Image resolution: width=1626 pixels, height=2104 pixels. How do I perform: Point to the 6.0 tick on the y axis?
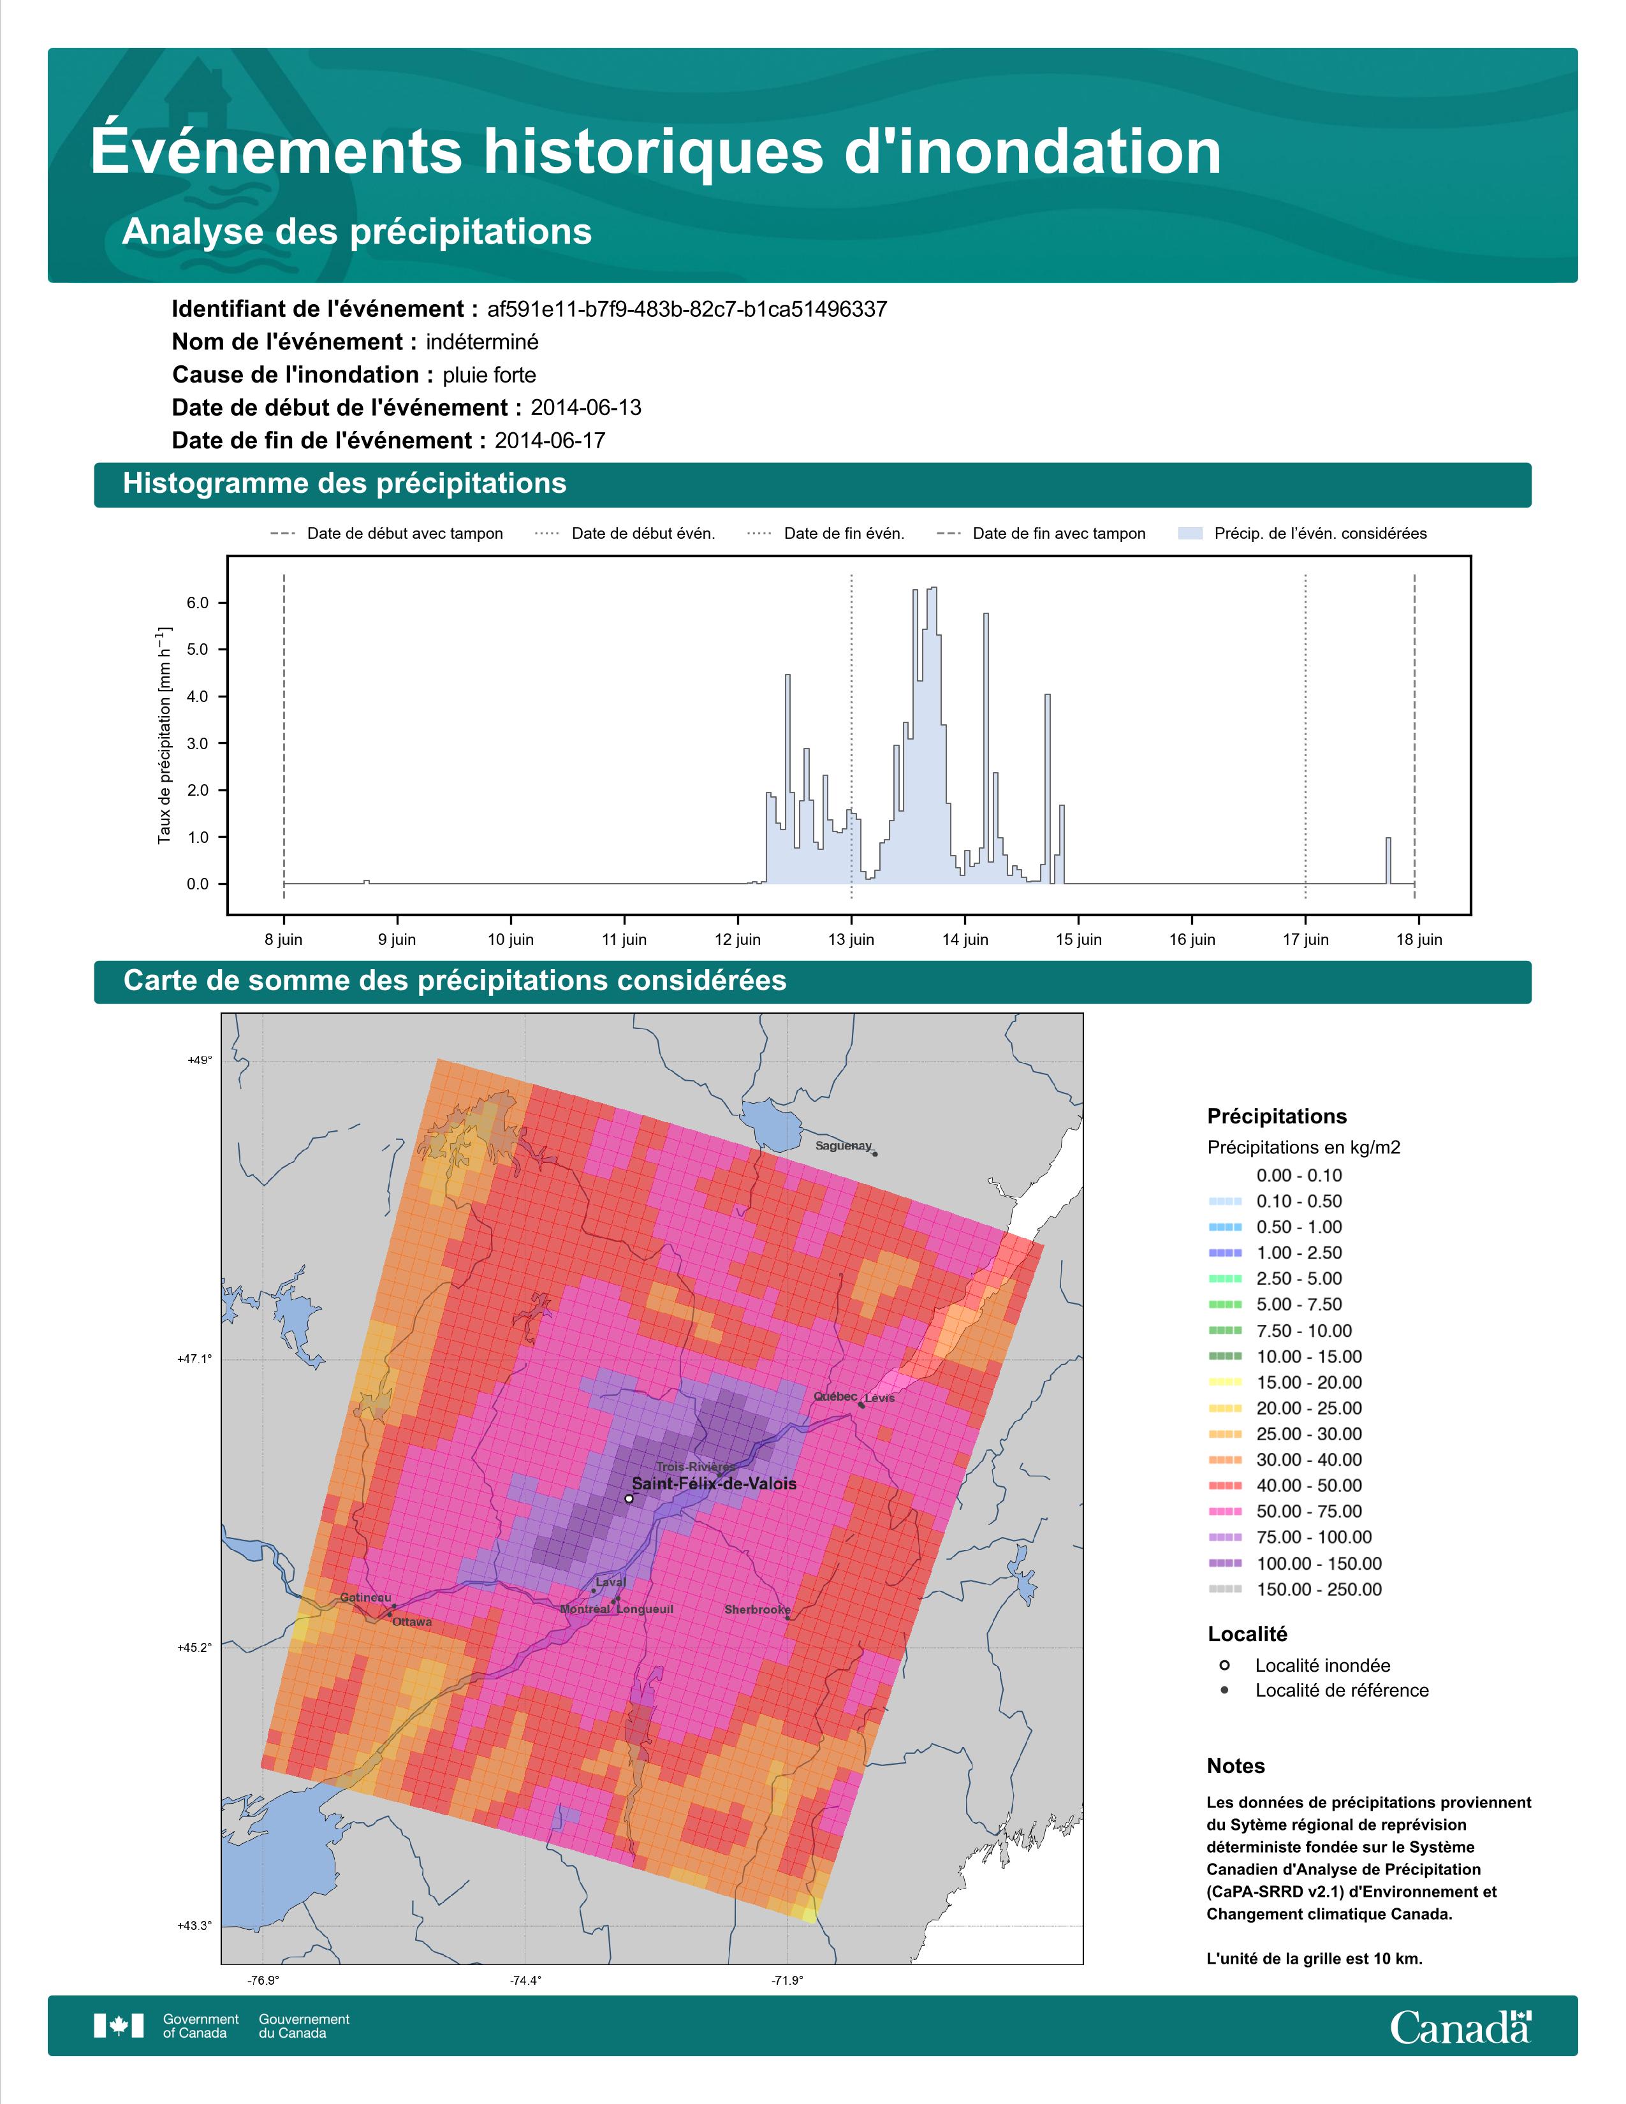click(x=198, y=603)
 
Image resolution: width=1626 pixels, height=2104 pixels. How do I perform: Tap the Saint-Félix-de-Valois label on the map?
click(x=714, y=1484)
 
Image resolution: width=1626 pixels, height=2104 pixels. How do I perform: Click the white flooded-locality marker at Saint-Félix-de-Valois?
click(x=629, y=1498)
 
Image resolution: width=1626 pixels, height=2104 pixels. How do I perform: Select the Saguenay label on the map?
click(x=843, y=1146)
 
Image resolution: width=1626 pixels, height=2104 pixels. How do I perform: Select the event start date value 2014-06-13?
click(x=585, y=407)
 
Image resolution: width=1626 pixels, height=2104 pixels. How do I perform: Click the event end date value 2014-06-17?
click(x=550, y=441)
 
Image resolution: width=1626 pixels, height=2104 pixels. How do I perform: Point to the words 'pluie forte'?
click(x=489, y=375)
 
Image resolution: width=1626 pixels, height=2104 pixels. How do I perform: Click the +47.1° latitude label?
click(x=194, y=1359)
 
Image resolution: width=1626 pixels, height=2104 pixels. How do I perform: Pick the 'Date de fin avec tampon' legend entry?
click(x=1041, y=534)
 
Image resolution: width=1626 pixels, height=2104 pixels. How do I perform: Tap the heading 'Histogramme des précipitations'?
click(x=345, y=484)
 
